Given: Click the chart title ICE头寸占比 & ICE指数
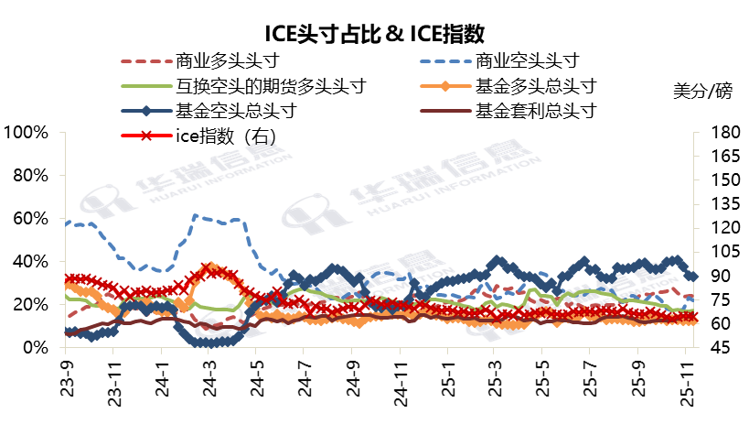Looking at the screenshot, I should coord(374,35).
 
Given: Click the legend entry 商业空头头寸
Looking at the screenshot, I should coord(528,61).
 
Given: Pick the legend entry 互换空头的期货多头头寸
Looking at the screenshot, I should coord(271,87).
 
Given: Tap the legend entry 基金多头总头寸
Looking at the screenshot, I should coord(536,87).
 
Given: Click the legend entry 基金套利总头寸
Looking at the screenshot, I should coord(536,112).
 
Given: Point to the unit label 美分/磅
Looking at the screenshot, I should coord(702,92).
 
